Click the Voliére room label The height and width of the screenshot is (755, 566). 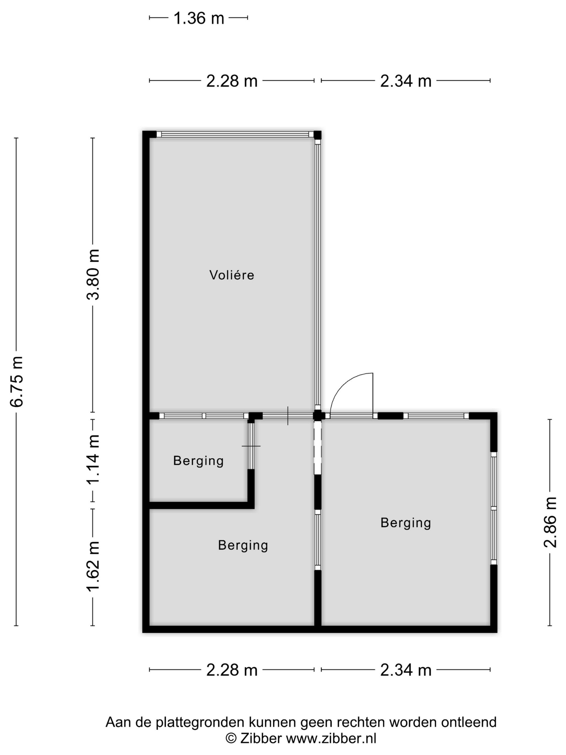tap(232, 275)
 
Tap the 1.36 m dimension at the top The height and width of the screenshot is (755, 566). tap(199, 18)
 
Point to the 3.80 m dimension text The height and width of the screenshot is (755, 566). tap(93, 275)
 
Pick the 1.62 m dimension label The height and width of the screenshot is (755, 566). tap(93, 566)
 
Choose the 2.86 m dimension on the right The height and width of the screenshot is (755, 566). tap(550, 522)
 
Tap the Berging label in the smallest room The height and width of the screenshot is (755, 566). tap(198, 461)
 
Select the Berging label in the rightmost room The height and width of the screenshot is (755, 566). tap(405, 523)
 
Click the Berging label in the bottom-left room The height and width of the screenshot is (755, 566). tap(243, 545)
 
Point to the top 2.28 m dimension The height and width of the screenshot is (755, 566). tap(232, 81)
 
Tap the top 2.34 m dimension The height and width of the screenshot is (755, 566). tap(405, 81)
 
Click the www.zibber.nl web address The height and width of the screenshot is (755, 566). tap(331, 738)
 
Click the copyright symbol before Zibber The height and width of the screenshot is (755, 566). tap(231, 738)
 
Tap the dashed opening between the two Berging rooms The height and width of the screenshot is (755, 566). tap(317, 447)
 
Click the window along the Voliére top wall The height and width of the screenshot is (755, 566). tap(235, 134)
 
